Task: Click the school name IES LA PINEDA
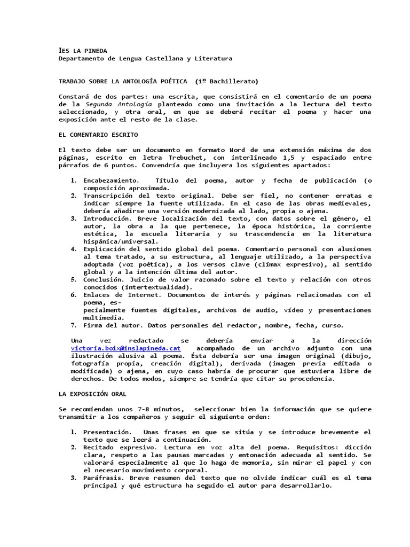[83, 50]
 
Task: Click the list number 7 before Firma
[74, 325]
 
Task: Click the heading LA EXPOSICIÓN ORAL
[92, 394]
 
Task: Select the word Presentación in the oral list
[107, 432]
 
